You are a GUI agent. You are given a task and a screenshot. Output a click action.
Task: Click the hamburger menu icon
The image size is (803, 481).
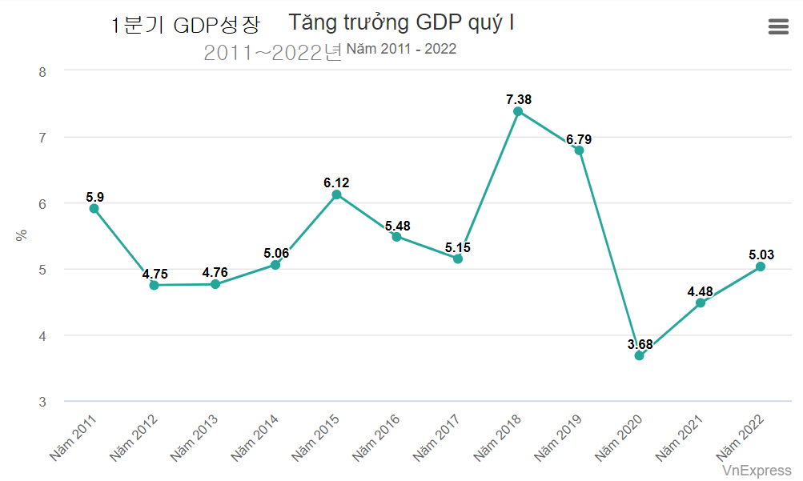[778, 26]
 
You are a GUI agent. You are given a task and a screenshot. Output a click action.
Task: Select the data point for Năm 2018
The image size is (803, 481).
[518, 111]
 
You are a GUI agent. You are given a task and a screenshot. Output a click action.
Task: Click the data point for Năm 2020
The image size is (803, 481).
[639, 355]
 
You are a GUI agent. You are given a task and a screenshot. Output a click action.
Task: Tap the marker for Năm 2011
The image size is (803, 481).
[94, 208]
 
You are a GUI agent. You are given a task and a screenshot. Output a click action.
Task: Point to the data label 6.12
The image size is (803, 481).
[336, 183]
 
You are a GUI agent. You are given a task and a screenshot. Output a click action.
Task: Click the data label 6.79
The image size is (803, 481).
[579, 139]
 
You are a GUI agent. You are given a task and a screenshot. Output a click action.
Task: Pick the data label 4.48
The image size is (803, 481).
[700, 291]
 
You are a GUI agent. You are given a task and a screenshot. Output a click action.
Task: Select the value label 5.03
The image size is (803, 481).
[761, 255]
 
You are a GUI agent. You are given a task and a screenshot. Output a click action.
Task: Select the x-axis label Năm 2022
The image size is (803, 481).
[739, 437]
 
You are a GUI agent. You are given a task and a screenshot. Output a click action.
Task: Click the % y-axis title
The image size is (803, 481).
[22, 235]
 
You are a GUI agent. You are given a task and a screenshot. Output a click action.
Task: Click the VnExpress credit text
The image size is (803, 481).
[757, 471]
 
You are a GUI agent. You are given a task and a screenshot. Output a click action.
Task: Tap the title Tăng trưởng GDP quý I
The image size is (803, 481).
[401, 22]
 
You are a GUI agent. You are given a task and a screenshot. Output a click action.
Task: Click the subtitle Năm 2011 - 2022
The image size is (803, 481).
[401, 49]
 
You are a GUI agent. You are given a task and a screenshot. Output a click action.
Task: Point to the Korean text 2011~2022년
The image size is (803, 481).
[272, 53]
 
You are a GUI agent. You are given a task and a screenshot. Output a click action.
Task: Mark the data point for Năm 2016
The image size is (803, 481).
[396, 236]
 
